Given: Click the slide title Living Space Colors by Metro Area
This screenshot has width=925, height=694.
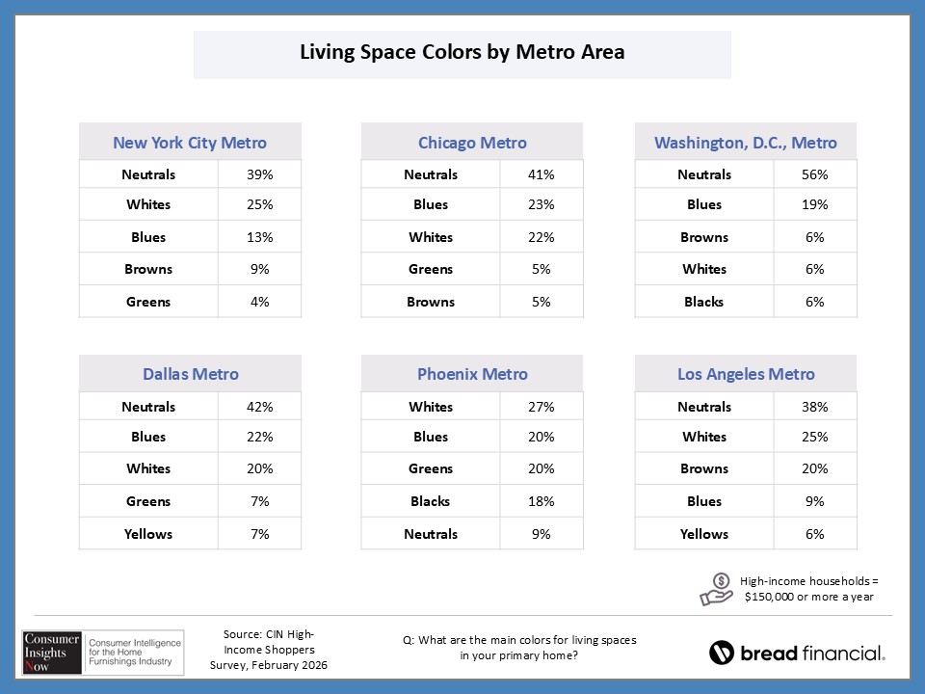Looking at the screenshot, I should (462, 52).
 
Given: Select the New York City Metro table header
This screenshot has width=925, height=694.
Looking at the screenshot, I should (190, 143).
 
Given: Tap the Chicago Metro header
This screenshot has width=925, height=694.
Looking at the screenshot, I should (472, 143).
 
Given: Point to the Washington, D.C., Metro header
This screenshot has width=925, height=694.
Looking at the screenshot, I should (746, 143).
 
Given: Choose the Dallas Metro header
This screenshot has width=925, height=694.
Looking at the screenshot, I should (190, 374).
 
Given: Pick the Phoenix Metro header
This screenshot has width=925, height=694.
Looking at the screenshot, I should (472, 374).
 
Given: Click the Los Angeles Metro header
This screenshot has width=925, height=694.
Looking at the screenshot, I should (746, 374).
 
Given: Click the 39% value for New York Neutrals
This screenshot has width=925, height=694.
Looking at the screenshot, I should (259, 174).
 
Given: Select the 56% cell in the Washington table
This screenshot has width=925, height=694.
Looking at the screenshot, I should (814, 174).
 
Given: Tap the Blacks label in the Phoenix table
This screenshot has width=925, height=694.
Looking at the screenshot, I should (431, 501).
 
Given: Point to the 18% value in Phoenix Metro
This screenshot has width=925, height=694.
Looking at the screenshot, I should (542, 501).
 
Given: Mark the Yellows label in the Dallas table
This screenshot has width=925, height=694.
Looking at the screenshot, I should (148, 534).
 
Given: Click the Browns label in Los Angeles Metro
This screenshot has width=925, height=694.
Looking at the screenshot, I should (704, 468).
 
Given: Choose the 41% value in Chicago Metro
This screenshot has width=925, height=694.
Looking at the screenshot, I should (542, 174).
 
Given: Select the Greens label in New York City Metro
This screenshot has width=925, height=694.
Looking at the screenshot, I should (148, 302).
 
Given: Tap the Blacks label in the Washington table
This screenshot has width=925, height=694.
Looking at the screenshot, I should (704, 302).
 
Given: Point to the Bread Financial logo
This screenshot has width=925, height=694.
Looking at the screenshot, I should (797, 653).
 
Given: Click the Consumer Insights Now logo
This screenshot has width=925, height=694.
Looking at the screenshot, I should (98, 651).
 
